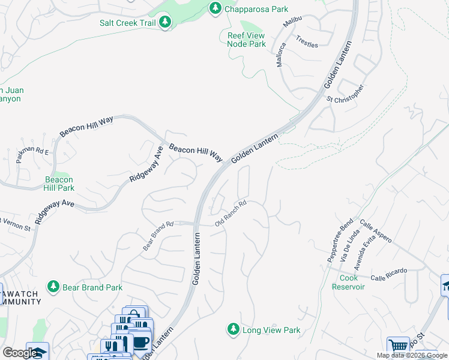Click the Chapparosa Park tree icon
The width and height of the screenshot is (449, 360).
pyautogui.click(x=215, y=8)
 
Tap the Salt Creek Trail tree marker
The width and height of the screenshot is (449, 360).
pyautogui.click(x=165, y=22)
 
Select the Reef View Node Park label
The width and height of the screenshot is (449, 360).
pyautogui.click(x=246, y=40)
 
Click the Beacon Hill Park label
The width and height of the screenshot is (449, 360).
pyautogui.click(x=59, y=184)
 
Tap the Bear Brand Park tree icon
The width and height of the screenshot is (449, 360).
pyautogui.click(x=54, y=287)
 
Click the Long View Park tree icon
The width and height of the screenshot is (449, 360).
pyautogui.click(x=233, y=329)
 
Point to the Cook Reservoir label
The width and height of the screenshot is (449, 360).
pyautogui.click(x=348, y=283)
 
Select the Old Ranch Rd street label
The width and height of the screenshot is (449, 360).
pyautogui.click(x=231, y=214)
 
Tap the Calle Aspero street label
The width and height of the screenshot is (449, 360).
pyautogui.click(x=376, y=232)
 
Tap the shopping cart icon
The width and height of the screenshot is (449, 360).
pyautogui.click(x=397, y=346)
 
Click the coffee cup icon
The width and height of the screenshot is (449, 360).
pyautogui.click(x=140, y=341)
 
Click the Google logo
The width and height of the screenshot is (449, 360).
pyautogui.click(x=19, y=353)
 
